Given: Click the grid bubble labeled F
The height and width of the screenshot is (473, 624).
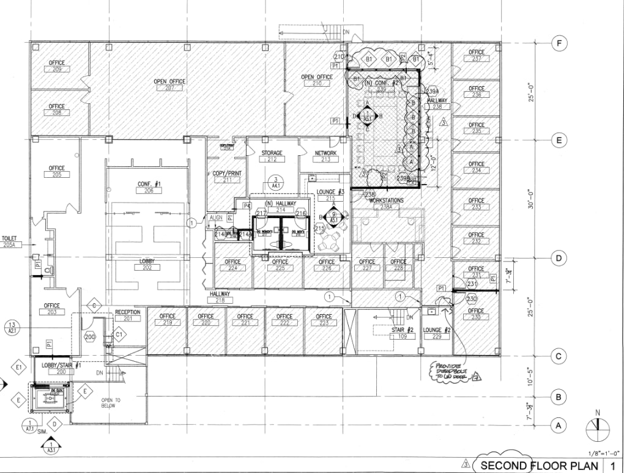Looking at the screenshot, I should pos(558,43).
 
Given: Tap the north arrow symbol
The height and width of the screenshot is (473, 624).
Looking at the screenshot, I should pos(595,427).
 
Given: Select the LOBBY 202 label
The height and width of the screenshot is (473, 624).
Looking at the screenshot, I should pos(146,265).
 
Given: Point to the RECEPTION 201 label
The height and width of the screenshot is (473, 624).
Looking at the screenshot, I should pos(128,315).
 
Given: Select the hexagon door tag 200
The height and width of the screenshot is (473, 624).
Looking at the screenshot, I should pos(91,337).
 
